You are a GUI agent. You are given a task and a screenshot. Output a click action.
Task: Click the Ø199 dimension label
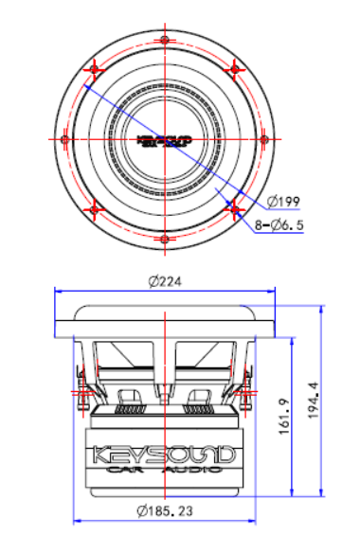point(284,202)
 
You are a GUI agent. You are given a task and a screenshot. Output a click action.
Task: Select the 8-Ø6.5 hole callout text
point(279,226)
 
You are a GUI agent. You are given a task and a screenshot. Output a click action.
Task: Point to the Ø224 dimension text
point(165,281)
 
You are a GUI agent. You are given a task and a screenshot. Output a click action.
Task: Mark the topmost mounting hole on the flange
point(165,41)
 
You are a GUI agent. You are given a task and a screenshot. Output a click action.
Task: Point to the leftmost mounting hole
point(66,139)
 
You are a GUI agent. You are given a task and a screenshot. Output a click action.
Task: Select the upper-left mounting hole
point(96,69)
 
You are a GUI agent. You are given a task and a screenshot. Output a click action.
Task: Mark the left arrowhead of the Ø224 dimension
point(59,291)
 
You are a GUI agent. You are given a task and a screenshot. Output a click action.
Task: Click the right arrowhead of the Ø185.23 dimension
point(255,520)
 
